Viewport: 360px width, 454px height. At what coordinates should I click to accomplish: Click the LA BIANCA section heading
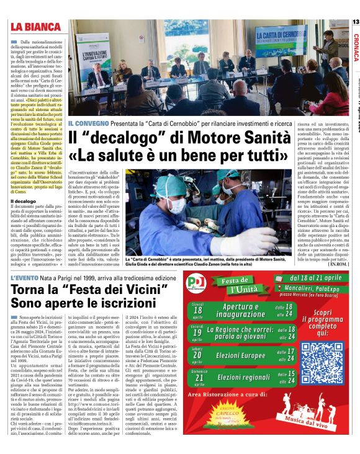click(35, 26)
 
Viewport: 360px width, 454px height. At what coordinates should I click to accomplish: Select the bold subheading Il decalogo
click(24, 201)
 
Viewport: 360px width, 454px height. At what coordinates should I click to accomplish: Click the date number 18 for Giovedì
click(197, 310)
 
